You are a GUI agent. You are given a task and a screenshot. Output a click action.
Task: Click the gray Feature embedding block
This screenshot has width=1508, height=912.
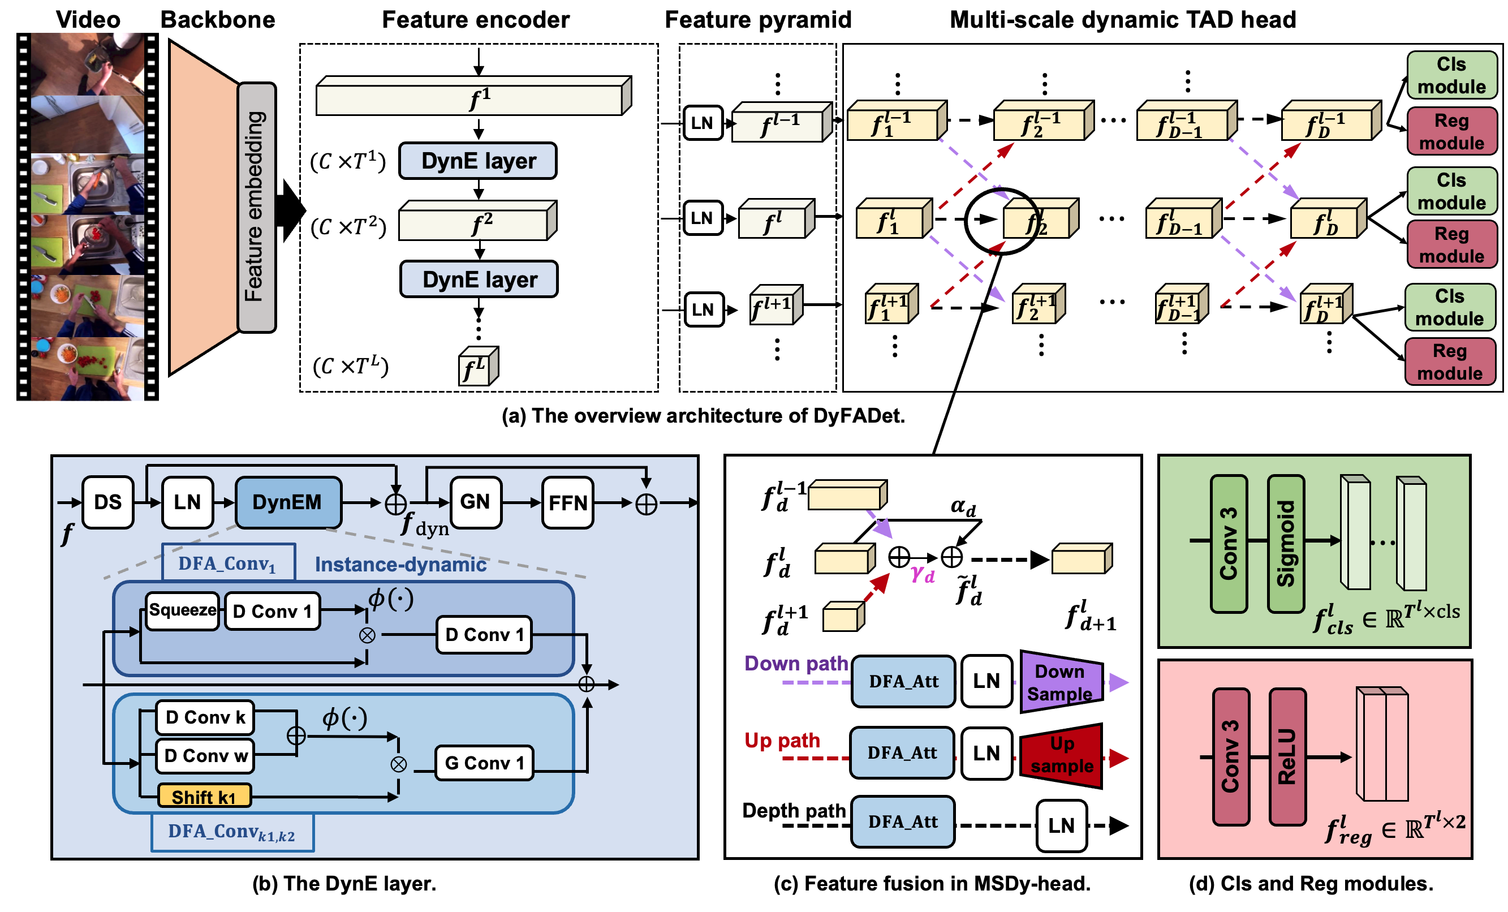click(256, 208)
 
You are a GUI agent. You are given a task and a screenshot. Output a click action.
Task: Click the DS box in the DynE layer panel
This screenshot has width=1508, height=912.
click(107, 502)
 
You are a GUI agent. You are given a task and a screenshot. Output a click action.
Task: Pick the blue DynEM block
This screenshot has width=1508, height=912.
click(288, 502)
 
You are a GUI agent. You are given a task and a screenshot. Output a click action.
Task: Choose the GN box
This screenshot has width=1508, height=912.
click(476, 502)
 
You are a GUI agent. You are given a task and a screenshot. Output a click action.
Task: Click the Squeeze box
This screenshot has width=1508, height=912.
click(182, 610)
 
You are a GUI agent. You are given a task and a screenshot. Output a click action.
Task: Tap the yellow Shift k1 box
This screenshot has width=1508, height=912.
click(204, 797)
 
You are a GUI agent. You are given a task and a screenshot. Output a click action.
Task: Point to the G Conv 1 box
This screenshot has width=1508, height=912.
click(484, 763)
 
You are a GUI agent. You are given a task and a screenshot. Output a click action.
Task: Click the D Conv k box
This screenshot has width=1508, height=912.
click(205, 717)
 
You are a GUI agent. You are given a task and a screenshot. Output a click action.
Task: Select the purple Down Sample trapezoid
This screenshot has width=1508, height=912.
click(1062, 682)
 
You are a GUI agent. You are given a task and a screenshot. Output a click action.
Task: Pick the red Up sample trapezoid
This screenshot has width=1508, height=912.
click(1062, 755)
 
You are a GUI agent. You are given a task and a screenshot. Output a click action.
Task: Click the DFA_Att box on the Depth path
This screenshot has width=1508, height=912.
click(903, 821)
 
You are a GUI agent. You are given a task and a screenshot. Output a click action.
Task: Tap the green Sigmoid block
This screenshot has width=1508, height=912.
click(1286, 544)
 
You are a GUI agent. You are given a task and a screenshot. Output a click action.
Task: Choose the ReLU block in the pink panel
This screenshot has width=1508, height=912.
click(1287, 756)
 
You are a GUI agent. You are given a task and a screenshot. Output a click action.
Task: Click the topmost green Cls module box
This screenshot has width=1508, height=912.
click(1451, 75)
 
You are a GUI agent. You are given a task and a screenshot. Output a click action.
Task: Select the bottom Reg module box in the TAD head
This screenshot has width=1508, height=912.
click(1449, 362)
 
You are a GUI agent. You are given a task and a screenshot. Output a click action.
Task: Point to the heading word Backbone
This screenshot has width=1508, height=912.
click(218, 20)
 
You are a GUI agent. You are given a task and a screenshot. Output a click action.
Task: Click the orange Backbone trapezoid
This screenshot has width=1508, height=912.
click(202, 208)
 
